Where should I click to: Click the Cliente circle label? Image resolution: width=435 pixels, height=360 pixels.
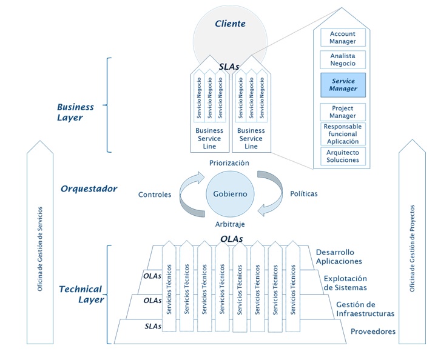tap(231, 24)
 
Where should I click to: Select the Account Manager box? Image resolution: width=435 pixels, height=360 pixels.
tap(343, 37)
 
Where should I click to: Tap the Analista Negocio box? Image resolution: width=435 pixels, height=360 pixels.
tap(343, 60)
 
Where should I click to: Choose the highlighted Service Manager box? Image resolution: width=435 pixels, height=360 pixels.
tap(343, 85)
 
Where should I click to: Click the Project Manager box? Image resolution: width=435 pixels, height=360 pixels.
tap(343, 112)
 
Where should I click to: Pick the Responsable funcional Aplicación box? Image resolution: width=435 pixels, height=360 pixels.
tap(343, 134)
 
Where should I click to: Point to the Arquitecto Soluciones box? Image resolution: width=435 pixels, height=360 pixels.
tap(343, 156)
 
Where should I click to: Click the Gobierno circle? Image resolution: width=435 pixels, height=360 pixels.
tap(230, 193)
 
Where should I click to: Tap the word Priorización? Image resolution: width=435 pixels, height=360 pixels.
tap(229, 163)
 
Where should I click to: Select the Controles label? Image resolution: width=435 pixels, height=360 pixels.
tap(155, 195)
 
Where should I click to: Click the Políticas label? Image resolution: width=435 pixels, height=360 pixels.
tap(304, 194)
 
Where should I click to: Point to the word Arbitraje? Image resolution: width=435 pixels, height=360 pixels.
tap(230, 224)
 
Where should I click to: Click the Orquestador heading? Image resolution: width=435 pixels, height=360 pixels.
tap(89, 188)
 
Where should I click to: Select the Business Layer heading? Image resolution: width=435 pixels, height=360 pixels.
tap(75, 112)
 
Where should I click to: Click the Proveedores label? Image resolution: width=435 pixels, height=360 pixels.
tap(373, 332)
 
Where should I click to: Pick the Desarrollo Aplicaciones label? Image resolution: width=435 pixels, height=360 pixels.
tap(339, 256)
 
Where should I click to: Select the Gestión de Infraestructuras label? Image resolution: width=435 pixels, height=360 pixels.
tap(365, 308)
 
